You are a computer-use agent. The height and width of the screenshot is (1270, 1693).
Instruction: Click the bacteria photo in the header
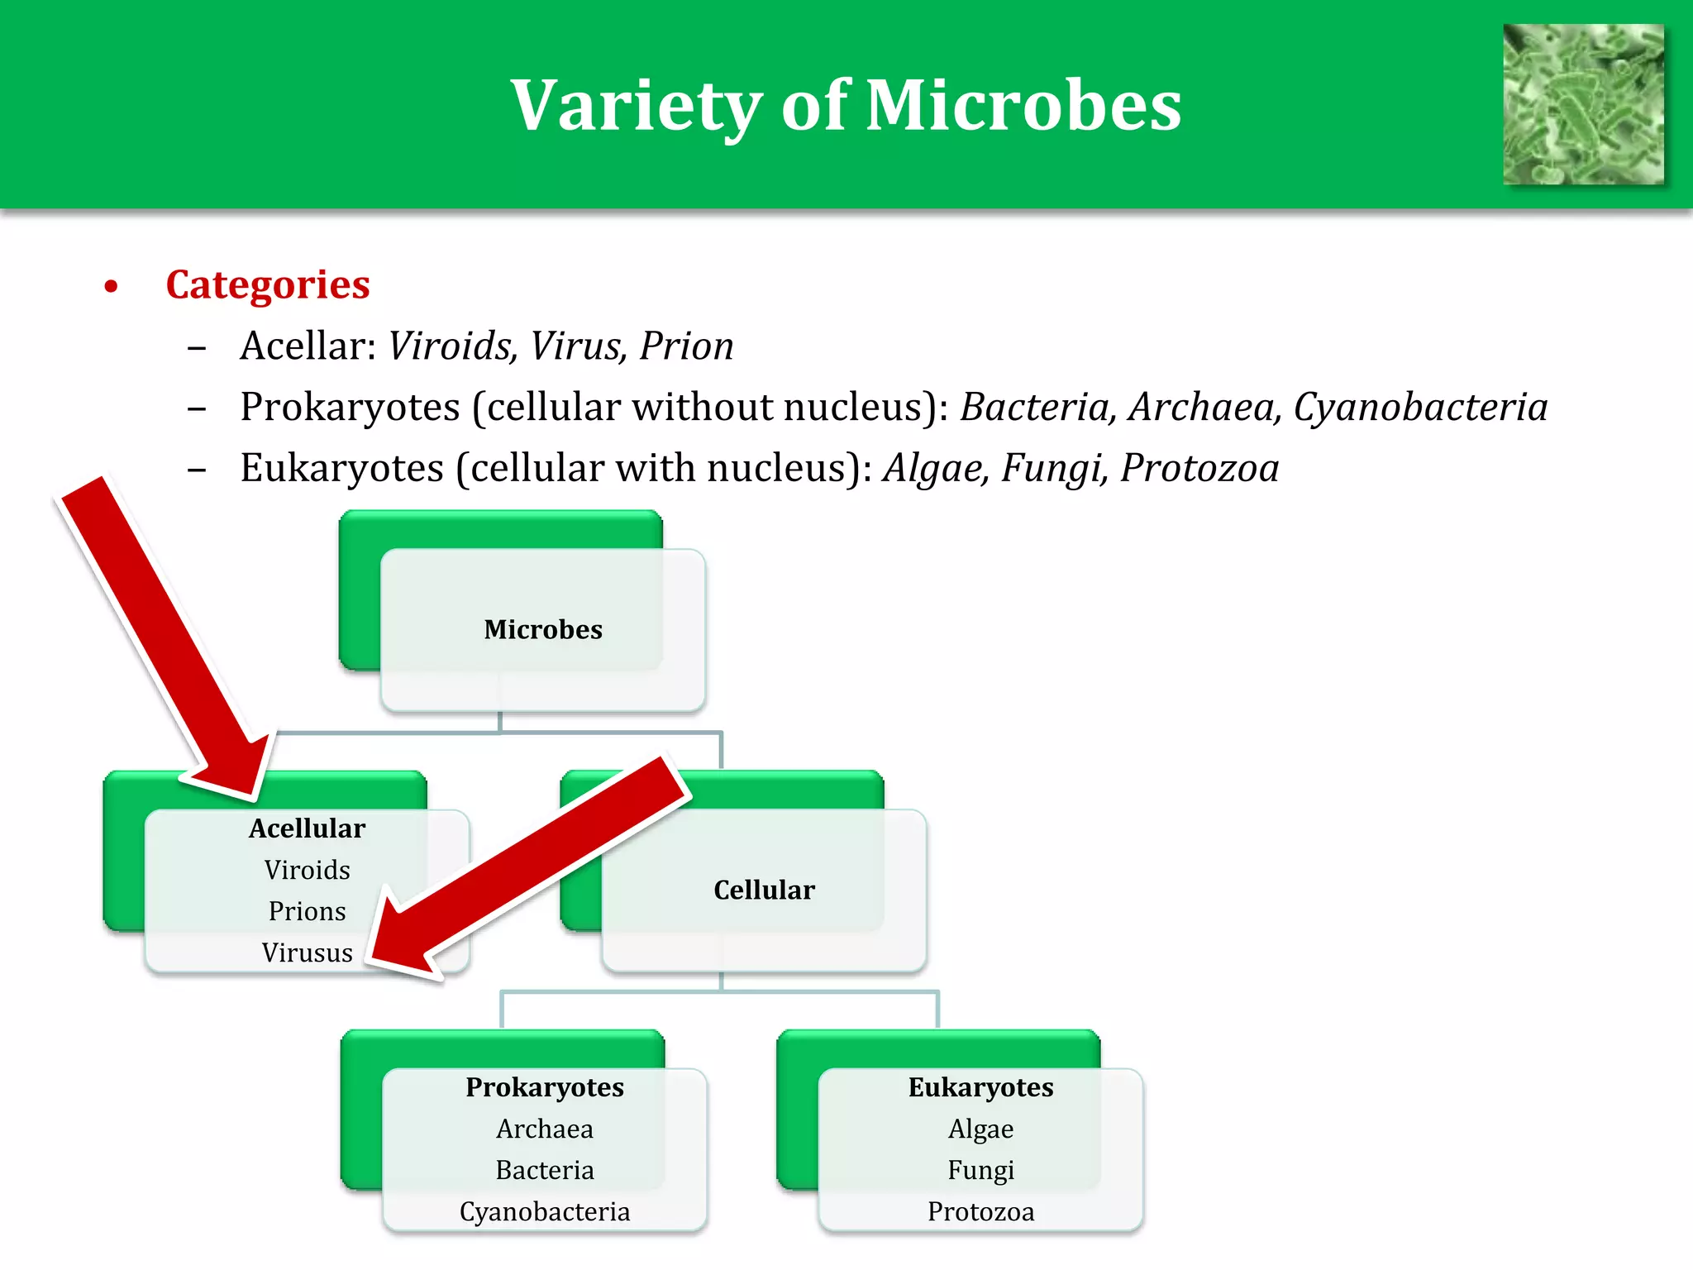coord(1582,104)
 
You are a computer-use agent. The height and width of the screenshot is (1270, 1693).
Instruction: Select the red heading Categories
coord(267,284)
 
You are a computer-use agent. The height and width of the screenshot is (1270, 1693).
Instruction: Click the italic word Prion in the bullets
coord(686,346)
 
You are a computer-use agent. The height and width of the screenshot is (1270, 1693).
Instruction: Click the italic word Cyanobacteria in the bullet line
coord(1419,407)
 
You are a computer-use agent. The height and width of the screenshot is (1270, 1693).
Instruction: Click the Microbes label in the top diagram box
coord(542,629)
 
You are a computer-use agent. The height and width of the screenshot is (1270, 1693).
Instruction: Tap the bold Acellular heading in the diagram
coord(307,828)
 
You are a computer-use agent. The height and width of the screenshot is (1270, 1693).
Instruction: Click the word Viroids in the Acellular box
coord(307,870)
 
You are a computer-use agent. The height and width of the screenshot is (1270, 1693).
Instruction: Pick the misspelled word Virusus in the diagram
coord(307,952)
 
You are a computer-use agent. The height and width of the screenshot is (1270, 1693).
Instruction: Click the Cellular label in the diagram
coord(763,890)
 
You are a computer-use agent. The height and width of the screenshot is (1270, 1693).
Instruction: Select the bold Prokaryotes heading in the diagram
coord(544,1087)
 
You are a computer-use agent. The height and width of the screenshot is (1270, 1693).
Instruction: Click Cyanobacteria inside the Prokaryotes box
coord(544,1211)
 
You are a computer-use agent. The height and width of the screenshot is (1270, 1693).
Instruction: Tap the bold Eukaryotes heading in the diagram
coord(980,1087)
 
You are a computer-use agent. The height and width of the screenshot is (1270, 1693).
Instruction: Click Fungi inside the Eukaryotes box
coord(980,1170)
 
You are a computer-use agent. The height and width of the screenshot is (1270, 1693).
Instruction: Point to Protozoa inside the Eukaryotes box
coord(980,1211)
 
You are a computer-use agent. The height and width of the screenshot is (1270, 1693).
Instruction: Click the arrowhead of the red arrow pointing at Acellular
coord(236,769)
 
